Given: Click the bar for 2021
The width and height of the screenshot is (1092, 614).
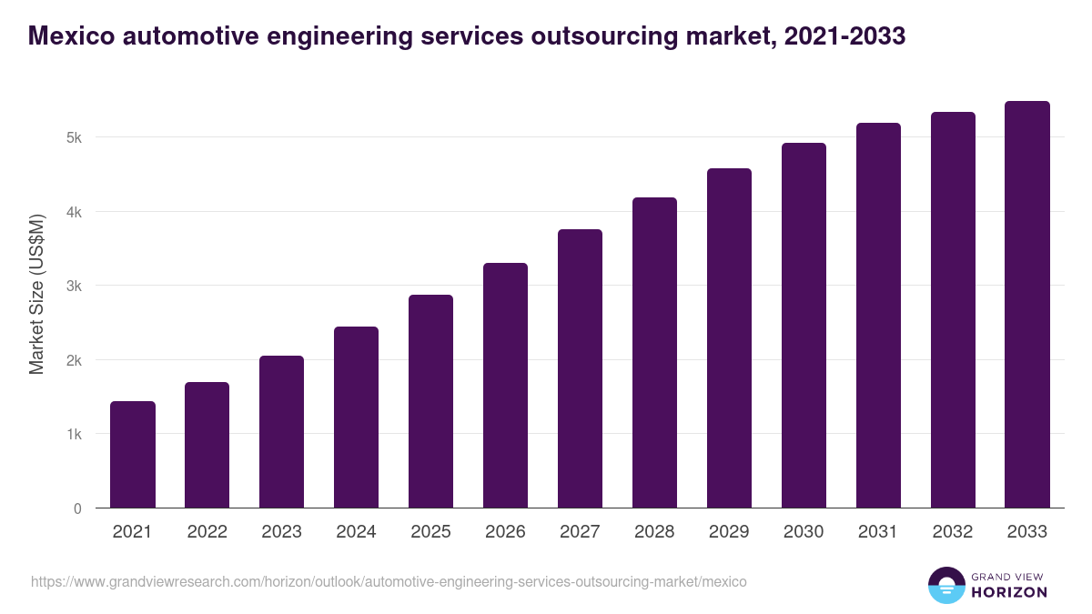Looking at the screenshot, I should coord(133,455).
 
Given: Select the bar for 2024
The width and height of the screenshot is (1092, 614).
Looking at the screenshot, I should coord(356,418).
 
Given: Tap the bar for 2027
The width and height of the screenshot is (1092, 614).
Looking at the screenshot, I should coord(580,368).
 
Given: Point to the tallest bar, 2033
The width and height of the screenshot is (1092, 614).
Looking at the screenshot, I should coord(1027,305).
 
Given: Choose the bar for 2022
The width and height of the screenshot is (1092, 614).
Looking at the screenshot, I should coord(207,445).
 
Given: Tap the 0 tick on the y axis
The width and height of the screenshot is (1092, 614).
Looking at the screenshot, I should coord(77,508).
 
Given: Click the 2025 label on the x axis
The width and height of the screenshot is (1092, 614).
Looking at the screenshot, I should coord(430,532).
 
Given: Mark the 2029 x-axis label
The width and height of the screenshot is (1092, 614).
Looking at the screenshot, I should coord(729,532).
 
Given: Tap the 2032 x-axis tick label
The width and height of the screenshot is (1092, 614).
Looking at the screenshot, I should coord(953,532).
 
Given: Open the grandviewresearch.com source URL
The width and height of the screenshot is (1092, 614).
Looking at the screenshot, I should coord(389,581).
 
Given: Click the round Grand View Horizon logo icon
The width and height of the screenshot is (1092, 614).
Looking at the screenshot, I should coord(945,586).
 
